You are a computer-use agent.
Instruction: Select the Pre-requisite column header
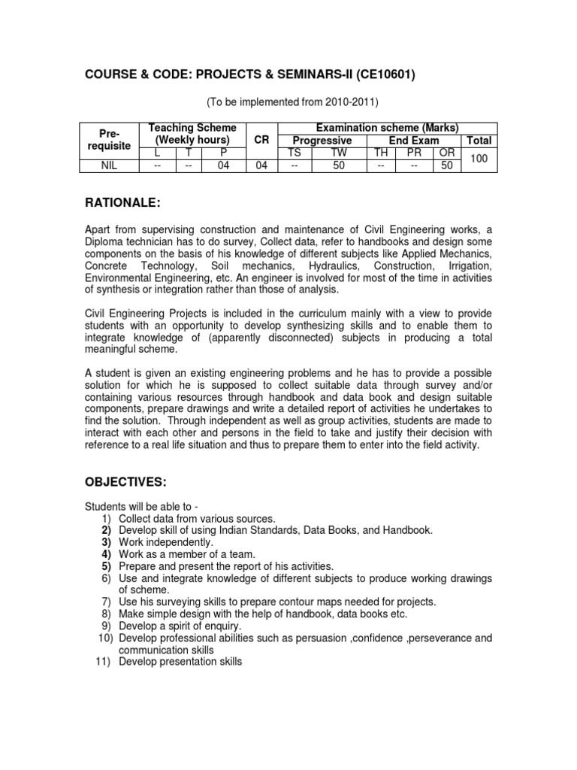coord(110,140)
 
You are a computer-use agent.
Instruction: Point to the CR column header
coord(261,140)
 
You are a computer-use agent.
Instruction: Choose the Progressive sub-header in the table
coord(322,141)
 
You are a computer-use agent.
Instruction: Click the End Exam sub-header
coord(414,141)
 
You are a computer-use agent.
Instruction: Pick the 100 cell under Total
coord(479,159)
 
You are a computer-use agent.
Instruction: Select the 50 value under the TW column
coord(339,165)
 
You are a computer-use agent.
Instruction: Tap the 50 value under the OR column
coord(447,165)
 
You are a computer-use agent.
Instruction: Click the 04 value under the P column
coord(223,165)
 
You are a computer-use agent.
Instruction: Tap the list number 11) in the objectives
coord(105,662)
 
